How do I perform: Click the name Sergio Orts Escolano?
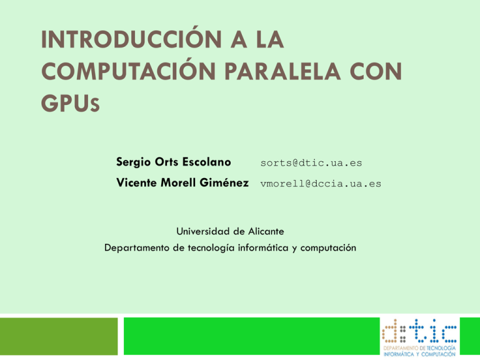(174, 162)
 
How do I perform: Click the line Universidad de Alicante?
(230, 231)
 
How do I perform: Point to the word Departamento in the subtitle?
(139, 247)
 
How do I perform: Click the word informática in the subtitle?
(261, 247)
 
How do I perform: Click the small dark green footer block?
(59, 338)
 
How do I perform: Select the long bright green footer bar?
(250, 338)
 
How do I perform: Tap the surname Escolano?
(206, 162)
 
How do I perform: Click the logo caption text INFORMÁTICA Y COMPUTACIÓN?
(419, 354)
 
